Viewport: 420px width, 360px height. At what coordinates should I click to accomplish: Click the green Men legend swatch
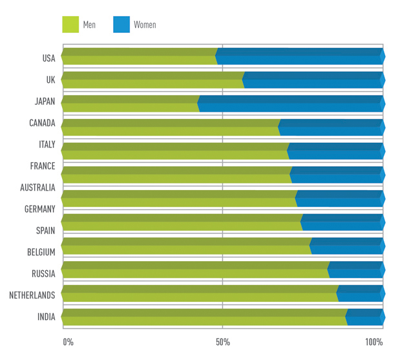(70, 25)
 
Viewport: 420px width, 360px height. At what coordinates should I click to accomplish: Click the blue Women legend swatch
(121, 25)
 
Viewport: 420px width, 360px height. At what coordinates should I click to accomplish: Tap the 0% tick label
(68, 342)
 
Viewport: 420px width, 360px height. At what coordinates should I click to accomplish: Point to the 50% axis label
(222, 342)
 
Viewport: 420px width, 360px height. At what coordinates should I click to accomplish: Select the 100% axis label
(374, 342)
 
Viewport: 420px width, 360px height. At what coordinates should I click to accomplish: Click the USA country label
(48, 58)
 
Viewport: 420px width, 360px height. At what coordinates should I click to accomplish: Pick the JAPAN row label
(45, 101)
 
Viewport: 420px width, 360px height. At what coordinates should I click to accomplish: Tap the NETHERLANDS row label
(32, 295)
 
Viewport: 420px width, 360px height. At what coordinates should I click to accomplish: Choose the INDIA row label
(46, 317)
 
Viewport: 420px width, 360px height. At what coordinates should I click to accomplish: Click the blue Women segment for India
(365, 317)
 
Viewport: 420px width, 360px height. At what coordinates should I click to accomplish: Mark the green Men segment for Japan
(130, 103)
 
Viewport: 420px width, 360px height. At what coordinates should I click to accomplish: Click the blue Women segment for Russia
(356, 270)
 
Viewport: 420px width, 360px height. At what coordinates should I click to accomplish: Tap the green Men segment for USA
(139, 56)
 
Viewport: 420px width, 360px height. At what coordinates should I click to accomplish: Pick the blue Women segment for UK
(313, 79)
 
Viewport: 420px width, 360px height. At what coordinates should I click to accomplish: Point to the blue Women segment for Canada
(331, 127)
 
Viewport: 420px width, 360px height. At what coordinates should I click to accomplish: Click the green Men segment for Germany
(178, 198)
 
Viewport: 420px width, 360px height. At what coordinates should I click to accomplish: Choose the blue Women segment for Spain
(342, 222)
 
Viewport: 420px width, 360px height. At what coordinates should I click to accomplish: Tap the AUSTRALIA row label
(37, 187)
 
